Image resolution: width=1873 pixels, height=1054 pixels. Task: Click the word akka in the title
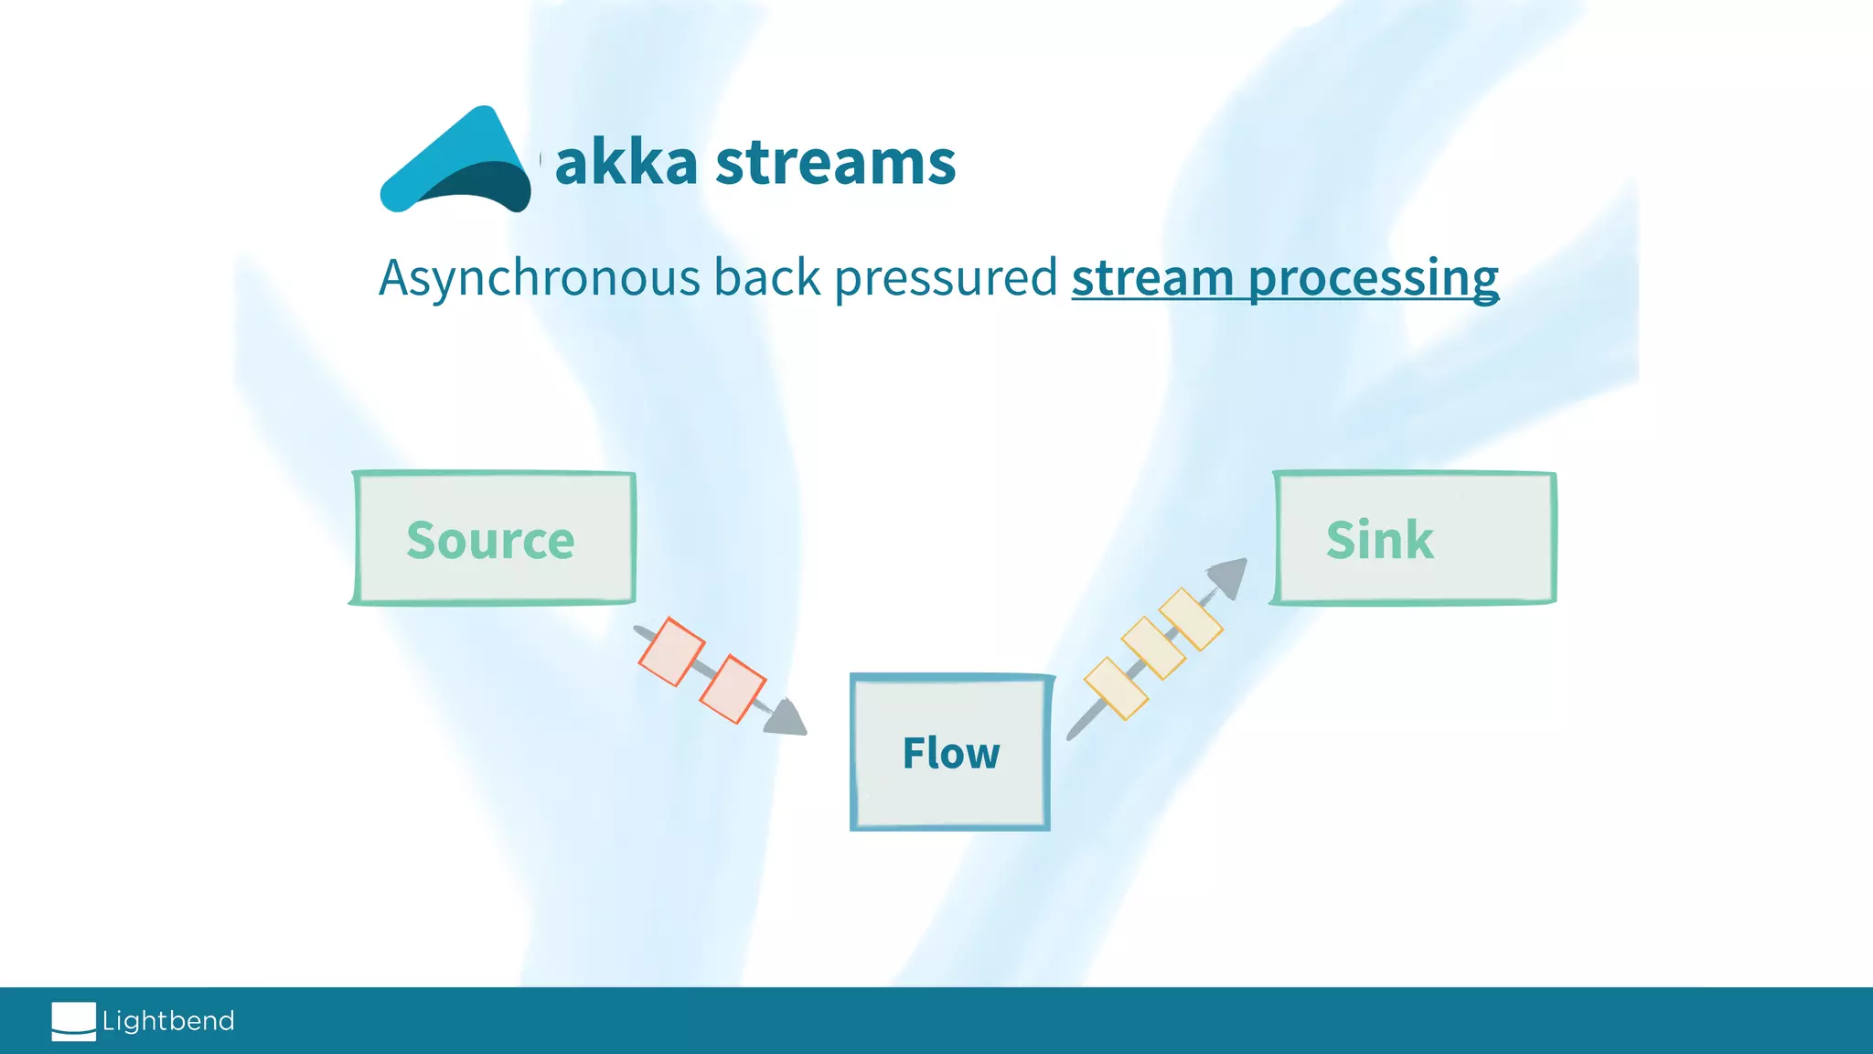point(626,163)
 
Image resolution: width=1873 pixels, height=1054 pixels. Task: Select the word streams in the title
point(835,163)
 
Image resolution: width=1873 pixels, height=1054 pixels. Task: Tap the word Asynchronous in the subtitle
point(539,278)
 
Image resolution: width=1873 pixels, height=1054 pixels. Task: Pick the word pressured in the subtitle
point(946,279)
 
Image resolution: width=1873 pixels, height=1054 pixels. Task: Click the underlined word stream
point(1152,277)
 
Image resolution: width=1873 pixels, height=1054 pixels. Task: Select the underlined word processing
point(1373,279)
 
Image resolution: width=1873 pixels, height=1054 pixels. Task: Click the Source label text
point(490,540)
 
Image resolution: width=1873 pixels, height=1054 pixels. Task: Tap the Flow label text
point(950,753)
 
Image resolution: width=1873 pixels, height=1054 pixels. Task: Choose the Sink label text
point(1379,540)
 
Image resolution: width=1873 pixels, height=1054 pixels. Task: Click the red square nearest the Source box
point(671,651)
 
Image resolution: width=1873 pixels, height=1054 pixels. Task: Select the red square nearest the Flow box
point(733,689)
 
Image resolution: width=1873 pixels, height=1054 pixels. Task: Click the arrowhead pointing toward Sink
point(1229,577)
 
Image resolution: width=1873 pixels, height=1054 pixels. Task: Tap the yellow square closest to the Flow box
point(1116,688)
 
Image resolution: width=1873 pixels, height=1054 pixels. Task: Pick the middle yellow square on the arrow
point(1153,648)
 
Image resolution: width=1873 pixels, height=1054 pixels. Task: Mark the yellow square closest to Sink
point(1191,618)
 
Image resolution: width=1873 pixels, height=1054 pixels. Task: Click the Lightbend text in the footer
point(168,1021)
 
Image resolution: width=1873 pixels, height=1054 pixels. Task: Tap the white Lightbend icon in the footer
point(73,1021)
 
